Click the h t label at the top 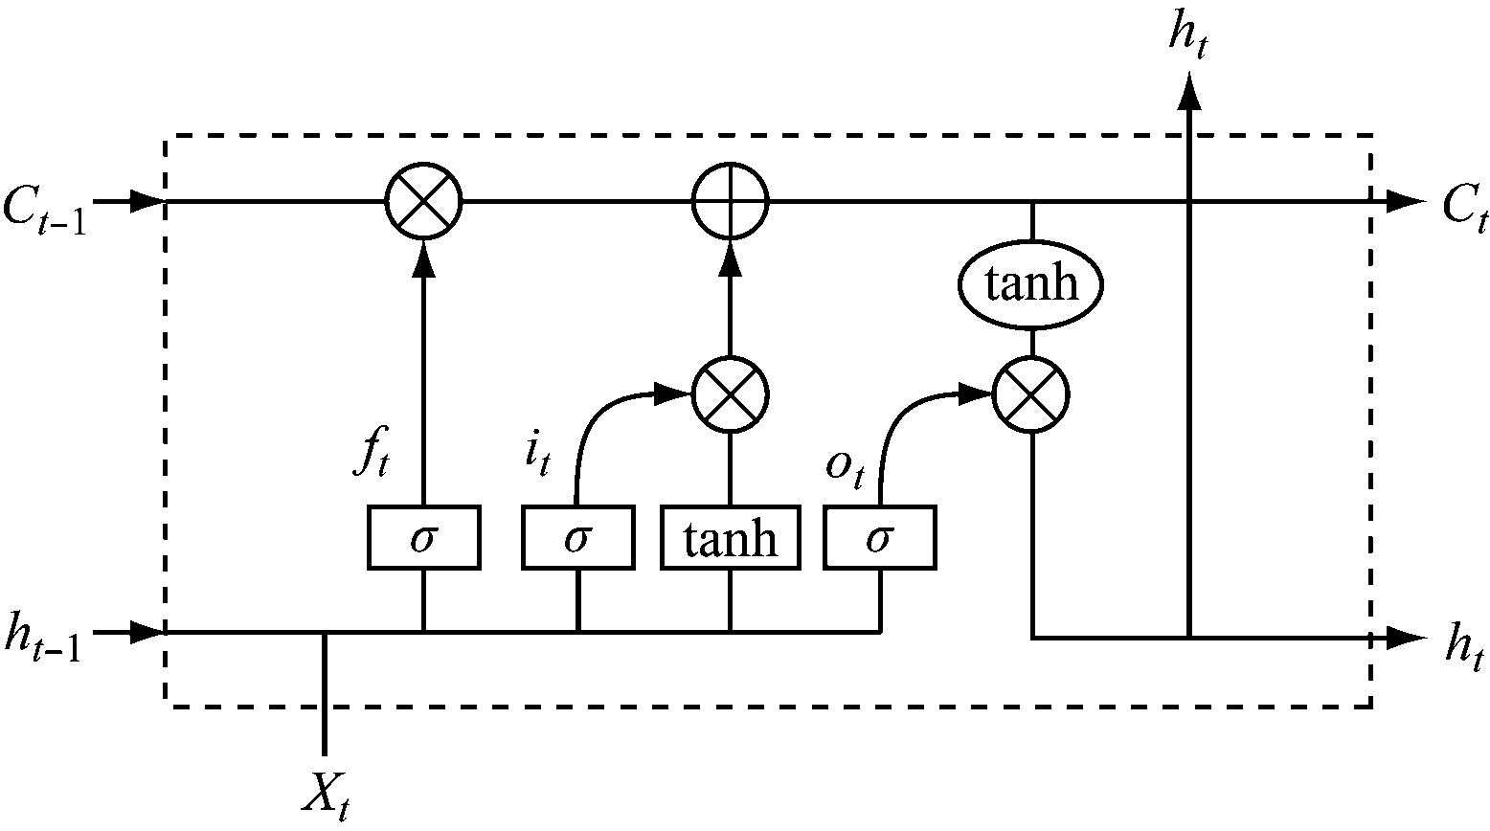point(1187,36)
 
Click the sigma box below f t point(423,539)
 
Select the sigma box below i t point(577,539)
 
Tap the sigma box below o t point(880,539)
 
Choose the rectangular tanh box point(731,539)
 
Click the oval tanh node point(1031,284)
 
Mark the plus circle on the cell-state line point(731,202)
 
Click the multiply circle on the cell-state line point(423,202)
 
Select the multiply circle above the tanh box point(731,393)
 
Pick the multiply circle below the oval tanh point(1031,393)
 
